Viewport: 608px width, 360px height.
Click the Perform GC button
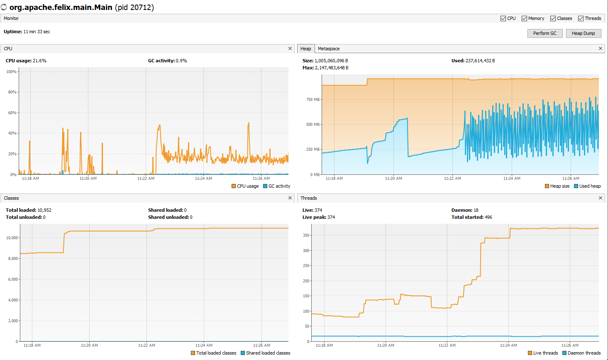click(x=545, y=33)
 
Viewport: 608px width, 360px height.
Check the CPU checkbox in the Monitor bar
click(x=503, y=18)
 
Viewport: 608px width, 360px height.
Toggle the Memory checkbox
click(x=525, y=18)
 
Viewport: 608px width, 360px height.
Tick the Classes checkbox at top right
click(x=553, y=18)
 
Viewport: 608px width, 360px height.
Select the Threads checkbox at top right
click(x=581, y=18)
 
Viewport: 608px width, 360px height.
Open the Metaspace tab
click(x=329, y=49)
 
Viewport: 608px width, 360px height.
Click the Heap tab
click(x=305, y=49)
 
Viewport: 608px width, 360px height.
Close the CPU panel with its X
click(x=290, y=49)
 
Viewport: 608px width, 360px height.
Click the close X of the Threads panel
click(x=601, y=198)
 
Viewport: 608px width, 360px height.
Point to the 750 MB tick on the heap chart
click(x=313, y=100)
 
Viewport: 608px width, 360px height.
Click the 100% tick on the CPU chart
click(x=11, y=72)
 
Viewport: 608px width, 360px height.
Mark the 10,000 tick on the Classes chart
click(x=12, y=238)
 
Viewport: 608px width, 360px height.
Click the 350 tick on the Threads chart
click(x=306, y=235)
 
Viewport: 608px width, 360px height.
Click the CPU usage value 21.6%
click(x=39, y=61)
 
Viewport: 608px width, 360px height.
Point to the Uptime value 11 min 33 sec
click(x=37, y=32)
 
